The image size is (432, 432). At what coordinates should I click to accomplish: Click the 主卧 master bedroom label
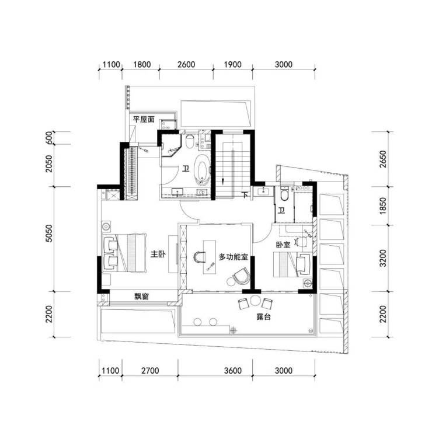[158, 254]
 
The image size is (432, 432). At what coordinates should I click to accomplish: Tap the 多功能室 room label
[234, 257]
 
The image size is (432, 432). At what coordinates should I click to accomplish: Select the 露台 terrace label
[264, 317]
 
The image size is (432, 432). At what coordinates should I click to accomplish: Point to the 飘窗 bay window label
[142, 297]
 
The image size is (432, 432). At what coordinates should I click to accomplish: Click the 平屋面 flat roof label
[144, 119]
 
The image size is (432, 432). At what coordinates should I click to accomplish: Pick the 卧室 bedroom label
[283, 245]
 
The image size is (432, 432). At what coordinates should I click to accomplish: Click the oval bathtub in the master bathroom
[203, 169]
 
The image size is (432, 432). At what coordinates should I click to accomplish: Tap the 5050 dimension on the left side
[49, 234]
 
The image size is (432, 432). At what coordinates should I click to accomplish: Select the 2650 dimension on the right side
[383, 159]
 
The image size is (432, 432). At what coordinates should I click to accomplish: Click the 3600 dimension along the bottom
[233, 371]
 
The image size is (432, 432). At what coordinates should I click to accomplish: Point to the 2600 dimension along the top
[186, 64]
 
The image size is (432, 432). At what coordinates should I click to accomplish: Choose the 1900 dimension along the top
[233, 64]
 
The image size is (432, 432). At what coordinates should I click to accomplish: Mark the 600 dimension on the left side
[49, 137]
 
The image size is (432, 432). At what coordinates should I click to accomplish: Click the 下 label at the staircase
[245, 195]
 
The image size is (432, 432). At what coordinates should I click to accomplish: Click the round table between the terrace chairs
[255, 301]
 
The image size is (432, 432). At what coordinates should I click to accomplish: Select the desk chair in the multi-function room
[200, 257]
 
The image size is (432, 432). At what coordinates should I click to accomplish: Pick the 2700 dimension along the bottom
[150, 371]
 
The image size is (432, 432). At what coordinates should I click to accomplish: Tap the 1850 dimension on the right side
[383, 206]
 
